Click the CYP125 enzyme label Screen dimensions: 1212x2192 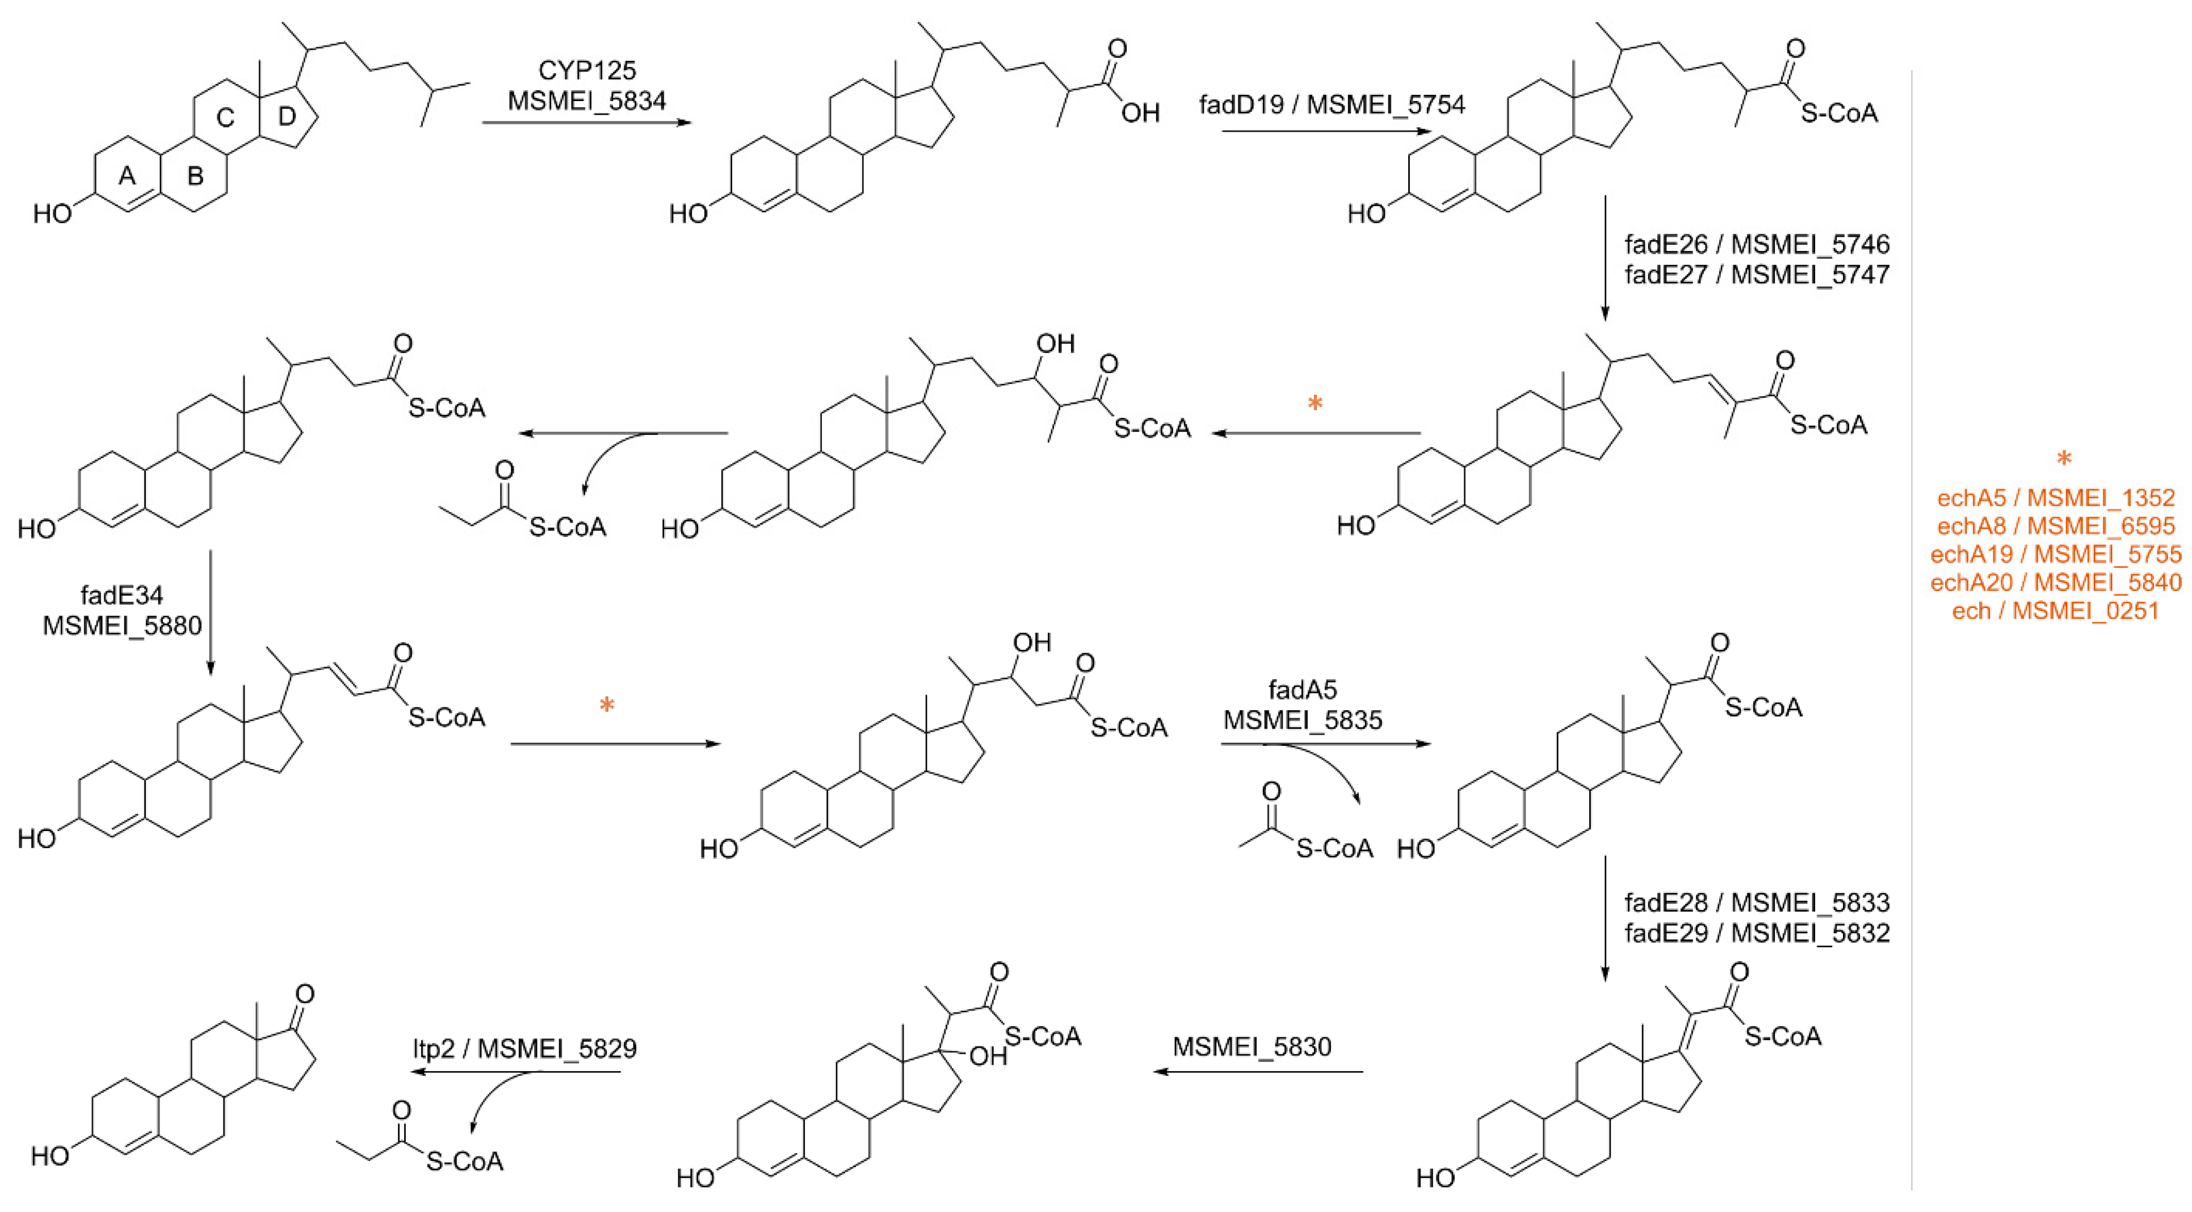586,70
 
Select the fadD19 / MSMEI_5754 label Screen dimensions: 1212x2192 1332,104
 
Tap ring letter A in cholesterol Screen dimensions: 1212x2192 127,176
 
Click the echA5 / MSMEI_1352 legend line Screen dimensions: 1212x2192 2055,497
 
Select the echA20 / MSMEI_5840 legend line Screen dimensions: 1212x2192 2055,582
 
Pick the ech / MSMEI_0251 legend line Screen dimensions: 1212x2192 2055,611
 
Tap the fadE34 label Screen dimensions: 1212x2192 121,595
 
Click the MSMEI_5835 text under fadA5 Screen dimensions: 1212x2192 1302,720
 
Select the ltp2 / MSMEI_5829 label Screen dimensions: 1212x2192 524,1048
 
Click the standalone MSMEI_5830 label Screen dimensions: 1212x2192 1252,1046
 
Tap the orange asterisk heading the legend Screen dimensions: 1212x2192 2064,460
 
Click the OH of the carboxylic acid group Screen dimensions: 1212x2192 1140,112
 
